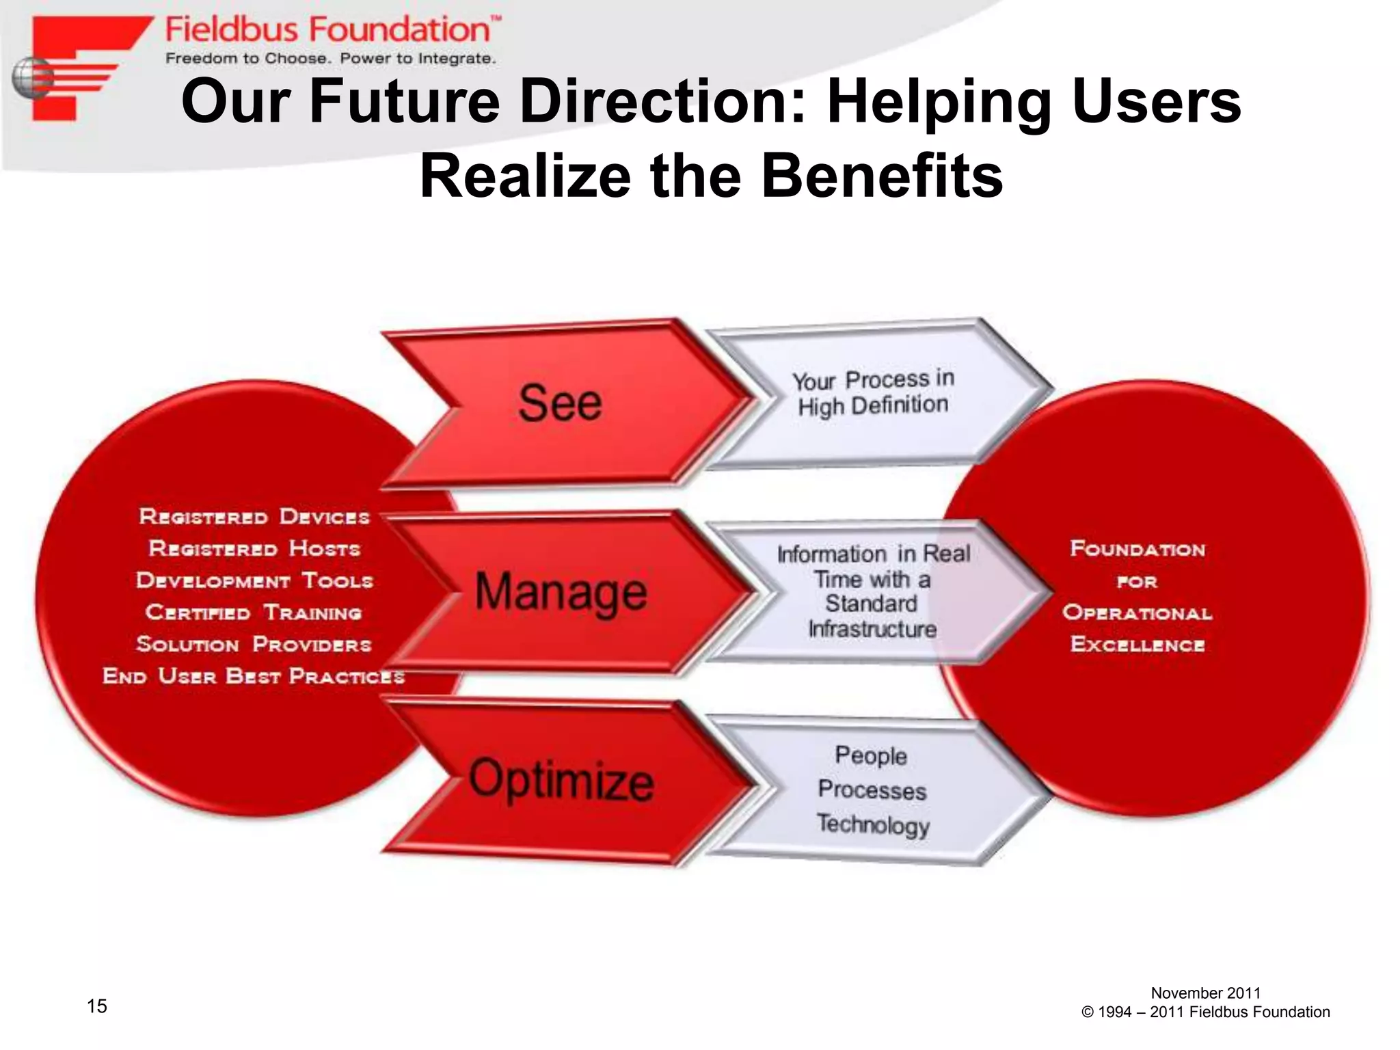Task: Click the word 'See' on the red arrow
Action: [x=560, y=403]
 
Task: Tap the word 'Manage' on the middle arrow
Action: [x=561, y=591]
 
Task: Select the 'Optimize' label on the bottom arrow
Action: [x=561, y=780]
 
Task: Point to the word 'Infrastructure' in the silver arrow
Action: [x=872, y=629]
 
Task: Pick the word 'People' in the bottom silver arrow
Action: [x=871, y=755]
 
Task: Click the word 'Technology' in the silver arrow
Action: [x=873, y=824]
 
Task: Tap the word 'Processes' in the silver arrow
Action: [x=872, y=790]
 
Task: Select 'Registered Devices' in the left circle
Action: [x=254, y=517]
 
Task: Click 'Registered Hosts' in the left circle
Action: [x=254, y=549]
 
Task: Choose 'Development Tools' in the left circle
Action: [x=254, y=581]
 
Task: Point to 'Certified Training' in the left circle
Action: [x=254, y=612]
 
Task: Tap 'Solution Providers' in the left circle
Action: [x=254, y=645]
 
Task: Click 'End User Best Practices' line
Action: [x=254, y=677]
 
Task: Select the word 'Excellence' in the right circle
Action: [x=1137, y=645]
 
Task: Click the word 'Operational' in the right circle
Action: [x=1137, y=612]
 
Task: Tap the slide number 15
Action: [x=97, y=1006]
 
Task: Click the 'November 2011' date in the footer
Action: [x=1205, y=993]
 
